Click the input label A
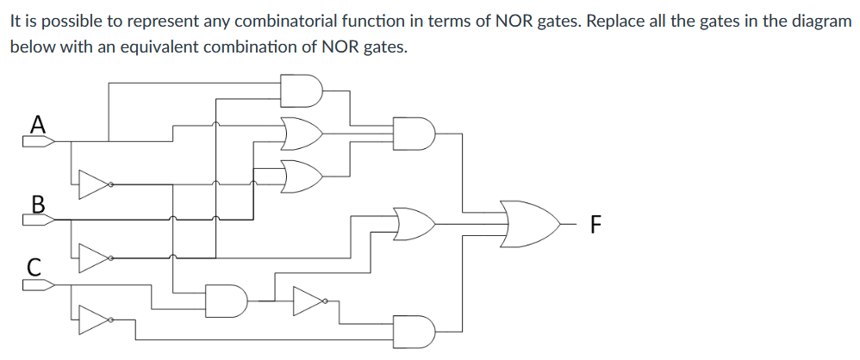coord(36,122)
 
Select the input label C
coord(34,268)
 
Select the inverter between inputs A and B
coord(93,183)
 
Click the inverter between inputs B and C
coord(93,257)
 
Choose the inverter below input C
coord(93,320)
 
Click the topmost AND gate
coord(302,89)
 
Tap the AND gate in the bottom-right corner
coord(414,330)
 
